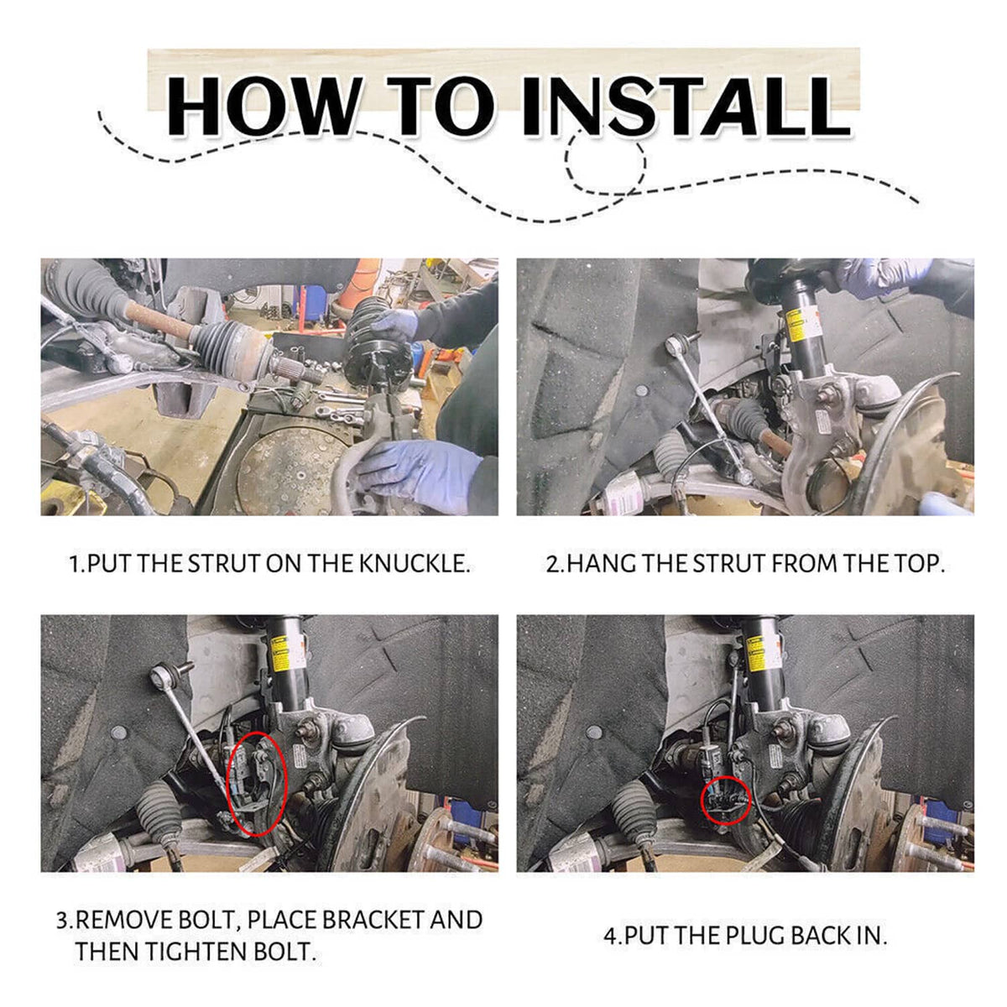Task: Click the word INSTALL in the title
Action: [x=685, y=106]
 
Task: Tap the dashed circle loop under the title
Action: [x=606, y=163]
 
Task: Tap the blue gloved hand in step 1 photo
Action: [x=418, y=473]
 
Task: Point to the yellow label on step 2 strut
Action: [x=798, y=325]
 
